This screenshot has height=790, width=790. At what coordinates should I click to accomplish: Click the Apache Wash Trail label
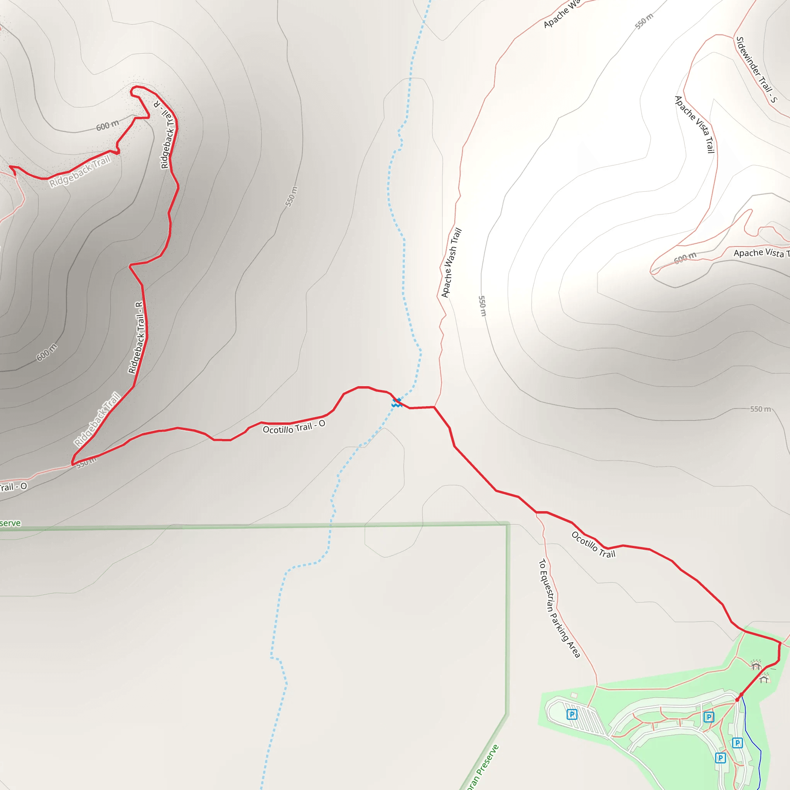pos(451,263)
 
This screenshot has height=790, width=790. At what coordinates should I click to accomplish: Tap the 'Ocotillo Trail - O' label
pos(294,427)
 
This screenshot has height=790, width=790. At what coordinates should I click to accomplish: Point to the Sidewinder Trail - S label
pos(756,69)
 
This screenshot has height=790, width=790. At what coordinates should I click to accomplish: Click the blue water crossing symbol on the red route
pos(396,403)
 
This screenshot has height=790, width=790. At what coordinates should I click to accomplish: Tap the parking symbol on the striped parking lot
pos(572,714)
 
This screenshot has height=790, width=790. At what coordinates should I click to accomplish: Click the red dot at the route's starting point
pos(737,700)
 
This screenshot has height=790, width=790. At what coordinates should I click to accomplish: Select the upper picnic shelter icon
pos(756,665)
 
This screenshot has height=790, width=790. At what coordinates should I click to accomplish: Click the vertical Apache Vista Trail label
pos(695,124)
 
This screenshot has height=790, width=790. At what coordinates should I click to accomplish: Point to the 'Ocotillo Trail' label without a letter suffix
pos(593,544)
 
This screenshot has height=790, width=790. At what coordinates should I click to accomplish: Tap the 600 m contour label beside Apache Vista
pos(685,258)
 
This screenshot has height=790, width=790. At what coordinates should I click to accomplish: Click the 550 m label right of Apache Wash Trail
pos(483,306)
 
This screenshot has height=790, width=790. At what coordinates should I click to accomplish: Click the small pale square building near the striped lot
pos(574,695)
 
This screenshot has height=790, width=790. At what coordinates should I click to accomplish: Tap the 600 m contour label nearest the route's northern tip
pos(108,125)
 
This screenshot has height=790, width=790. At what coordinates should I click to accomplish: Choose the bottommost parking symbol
pos(721,758)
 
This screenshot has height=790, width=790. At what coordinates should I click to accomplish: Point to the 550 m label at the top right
pos(644,21)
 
